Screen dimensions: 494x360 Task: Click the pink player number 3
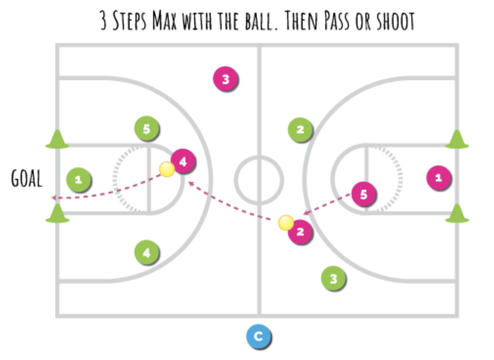pos(225,79)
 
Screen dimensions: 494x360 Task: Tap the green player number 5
pos(146,129)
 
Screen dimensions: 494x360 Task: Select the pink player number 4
pos(183,161)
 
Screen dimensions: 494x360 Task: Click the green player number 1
pos(79,180)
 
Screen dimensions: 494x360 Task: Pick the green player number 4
pos(146,253)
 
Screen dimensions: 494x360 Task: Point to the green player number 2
pos(300,130)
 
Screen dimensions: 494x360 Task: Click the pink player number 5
pos(363,194)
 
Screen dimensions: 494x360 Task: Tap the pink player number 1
pos(438,178)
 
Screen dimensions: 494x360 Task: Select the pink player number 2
pos(300,232)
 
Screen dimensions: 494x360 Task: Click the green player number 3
pos(334,279)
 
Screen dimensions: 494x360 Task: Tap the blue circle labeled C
pos(258,337)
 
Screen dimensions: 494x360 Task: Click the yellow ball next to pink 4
pos(167,169)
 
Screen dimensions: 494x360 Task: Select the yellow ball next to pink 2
pos(286,223)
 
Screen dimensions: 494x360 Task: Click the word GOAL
pos(26,179)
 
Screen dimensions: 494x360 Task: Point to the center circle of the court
pos(259,180)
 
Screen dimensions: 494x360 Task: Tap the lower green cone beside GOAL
pos(58,214)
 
